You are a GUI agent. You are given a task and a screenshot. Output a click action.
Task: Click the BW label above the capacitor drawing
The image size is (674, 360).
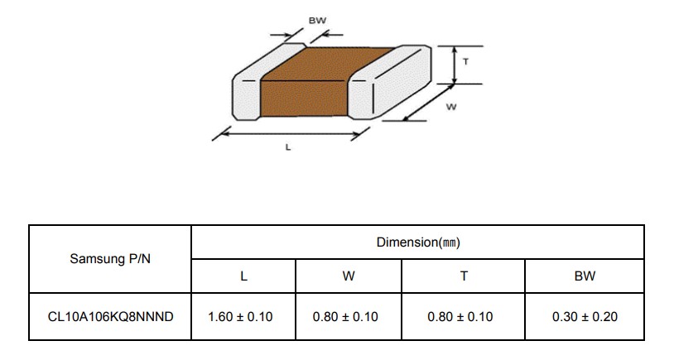(317, 20)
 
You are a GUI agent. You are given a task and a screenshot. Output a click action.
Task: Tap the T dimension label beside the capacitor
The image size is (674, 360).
(465, 62)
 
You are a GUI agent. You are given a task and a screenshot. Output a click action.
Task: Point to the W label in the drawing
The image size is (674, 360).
(451, 107)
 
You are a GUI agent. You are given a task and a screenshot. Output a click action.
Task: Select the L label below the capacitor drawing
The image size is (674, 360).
(288, 147)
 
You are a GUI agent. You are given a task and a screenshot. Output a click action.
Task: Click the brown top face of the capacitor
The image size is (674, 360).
(327, 64)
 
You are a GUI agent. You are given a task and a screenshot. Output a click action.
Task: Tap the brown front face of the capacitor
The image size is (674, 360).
(304, 98)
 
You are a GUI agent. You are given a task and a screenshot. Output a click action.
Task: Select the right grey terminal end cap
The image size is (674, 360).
(389, 82)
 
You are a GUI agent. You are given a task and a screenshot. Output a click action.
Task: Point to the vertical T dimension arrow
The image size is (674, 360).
(455, 65)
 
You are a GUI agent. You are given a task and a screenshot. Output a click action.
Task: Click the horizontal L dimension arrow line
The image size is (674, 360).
(291, 134)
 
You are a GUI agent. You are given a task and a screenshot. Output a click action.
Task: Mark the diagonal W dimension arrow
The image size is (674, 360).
(428, 103)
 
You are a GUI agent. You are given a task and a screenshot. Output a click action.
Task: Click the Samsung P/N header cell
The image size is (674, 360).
(110, 258)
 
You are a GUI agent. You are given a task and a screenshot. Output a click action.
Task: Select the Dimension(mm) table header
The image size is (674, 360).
(418, 242)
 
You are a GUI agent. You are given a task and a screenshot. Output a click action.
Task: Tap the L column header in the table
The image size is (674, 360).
(243, 276)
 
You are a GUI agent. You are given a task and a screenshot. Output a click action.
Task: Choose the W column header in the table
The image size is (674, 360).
(349, 276)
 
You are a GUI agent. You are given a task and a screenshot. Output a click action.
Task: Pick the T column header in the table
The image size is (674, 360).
(464, 276)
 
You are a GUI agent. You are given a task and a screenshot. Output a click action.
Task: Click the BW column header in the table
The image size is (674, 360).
(585, 276)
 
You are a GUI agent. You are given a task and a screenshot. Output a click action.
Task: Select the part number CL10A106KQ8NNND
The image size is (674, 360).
(110, 317)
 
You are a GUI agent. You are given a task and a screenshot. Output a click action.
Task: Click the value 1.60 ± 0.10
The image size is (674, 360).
(240, 317)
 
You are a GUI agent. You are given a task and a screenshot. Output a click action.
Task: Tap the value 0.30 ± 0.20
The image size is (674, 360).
(585, 317)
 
